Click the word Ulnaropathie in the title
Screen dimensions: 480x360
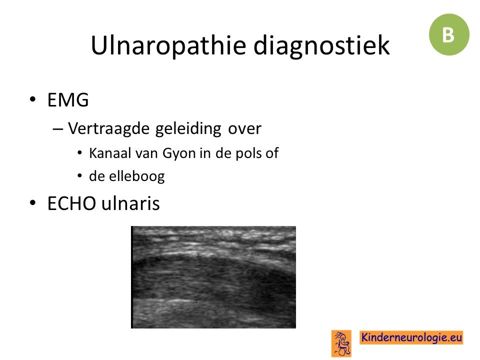point(168,45)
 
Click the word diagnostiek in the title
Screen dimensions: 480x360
point(321,45)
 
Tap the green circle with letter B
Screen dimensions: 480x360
point(449,34)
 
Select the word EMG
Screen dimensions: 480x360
point(68,100)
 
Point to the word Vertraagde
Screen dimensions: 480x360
point(108,128)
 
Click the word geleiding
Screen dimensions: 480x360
point(188,128)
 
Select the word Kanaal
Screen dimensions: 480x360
point(109,153)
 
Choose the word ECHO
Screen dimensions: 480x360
point(71,203)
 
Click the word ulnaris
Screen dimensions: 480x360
point(130,203)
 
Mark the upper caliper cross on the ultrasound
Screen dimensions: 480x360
point(198,257)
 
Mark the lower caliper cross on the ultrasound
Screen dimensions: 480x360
point(196,300)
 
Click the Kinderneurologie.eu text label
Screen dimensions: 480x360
point(411,337)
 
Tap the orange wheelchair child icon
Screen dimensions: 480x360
point(341,343)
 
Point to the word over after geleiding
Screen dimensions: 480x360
point(244,129)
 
